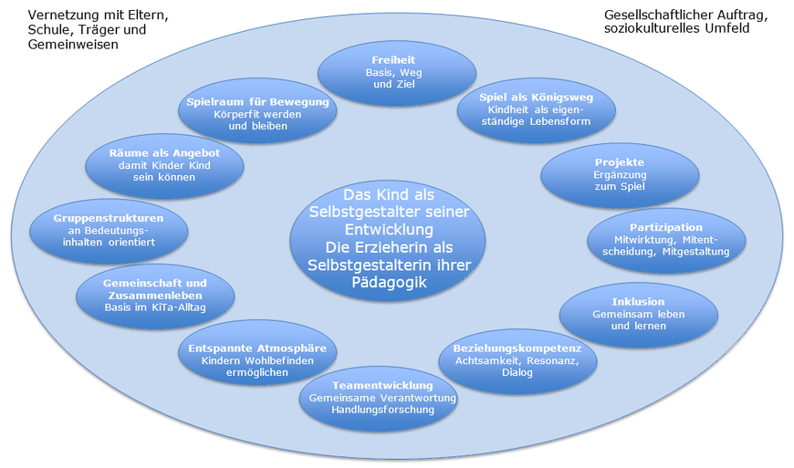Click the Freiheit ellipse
tap(395, 73)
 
